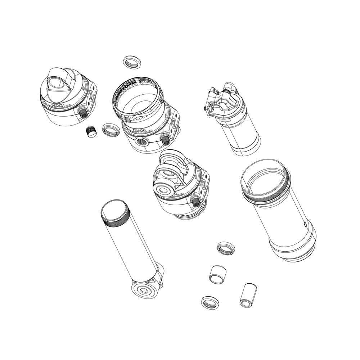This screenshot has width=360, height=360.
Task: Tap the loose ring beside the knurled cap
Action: click(110, 130)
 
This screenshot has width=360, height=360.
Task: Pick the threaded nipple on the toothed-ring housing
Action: click(165, 140)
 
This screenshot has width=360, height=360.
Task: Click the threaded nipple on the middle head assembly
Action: click(196, 202)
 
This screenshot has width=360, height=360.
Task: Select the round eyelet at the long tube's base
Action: click(144, 290)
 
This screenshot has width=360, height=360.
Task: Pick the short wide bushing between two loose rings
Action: click(218, 275)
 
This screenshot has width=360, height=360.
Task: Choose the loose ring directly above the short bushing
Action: click(226, 248)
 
